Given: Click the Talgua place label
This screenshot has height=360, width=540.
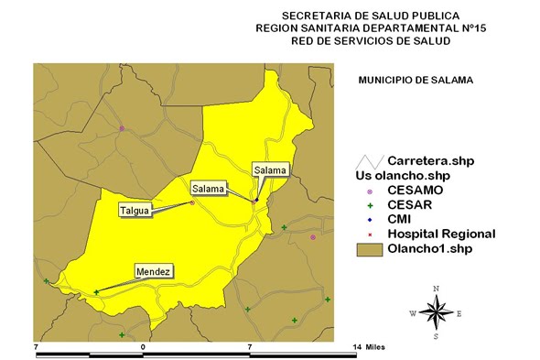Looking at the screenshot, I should pos(134,211).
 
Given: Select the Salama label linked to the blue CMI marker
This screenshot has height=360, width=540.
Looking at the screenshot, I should pos(270,169).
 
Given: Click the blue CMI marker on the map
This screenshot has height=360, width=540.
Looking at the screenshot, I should pos(257,200).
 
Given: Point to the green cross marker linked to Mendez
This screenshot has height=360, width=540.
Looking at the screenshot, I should pos(96,292).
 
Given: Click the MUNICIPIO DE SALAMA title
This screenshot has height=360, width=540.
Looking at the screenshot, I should pos(415,81).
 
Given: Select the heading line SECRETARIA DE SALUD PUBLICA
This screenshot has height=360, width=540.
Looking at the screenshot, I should pos(371,16).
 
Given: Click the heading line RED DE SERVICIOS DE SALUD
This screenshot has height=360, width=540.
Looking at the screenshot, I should pos(371,41).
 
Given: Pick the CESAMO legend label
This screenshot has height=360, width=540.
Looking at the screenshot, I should pos(416,190).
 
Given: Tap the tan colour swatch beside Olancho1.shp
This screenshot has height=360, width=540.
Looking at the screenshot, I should pos(370,249).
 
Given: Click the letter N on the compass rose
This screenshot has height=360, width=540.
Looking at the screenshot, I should pos(437,289).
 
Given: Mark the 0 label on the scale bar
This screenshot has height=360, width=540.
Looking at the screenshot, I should pos(143,348).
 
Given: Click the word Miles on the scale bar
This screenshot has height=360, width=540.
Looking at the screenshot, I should pos(376,348).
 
